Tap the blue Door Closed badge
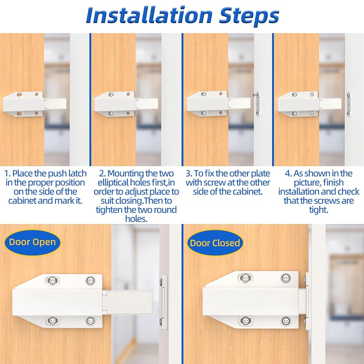coord(215,243)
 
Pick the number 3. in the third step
coord(189,174)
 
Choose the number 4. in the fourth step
coord(288,174)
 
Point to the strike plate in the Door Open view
coord(163,302)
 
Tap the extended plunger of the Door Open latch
coord(127,302)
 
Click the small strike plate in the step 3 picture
coord(256,104)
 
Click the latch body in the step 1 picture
coord(23,104)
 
